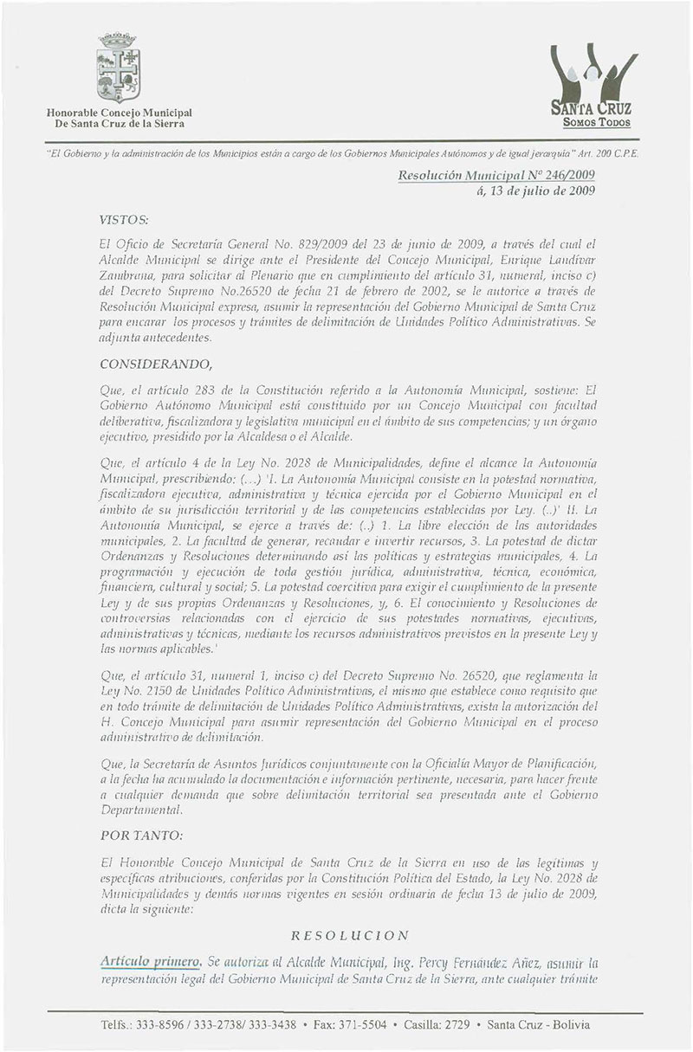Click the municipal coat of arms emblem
[x=117, y=67]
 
